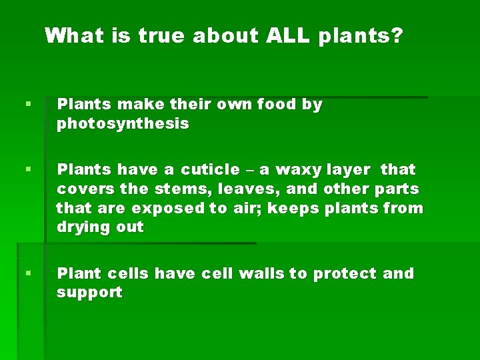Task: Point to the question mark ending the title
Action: click(397, 35)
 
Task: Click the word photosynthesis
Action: click(123, 124)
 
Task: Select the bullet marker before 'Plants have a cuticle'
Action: click(27, 170)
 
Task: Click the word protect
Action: click(345, 273)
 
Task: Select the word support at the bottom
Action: click(89, 293)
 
